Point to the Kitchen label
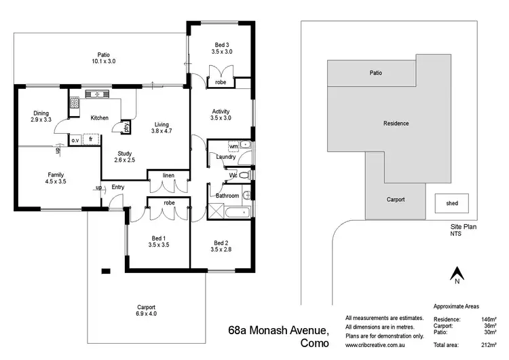(x=100, y=118)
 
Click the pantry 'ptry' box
(x=126, y=127)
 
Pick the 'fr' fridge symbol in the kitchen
(x=90, y=139)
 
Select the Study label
(x=124, y=156)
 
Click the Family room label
(x=56, y=178)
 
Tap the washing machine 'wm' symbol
(x=233, y=146)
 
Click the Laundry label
(x=225, y=157)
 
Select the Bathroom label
(x=227, y=196)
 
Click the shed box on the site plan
(x=451, y=203)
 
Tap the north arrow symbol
(x=457, y=274)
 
